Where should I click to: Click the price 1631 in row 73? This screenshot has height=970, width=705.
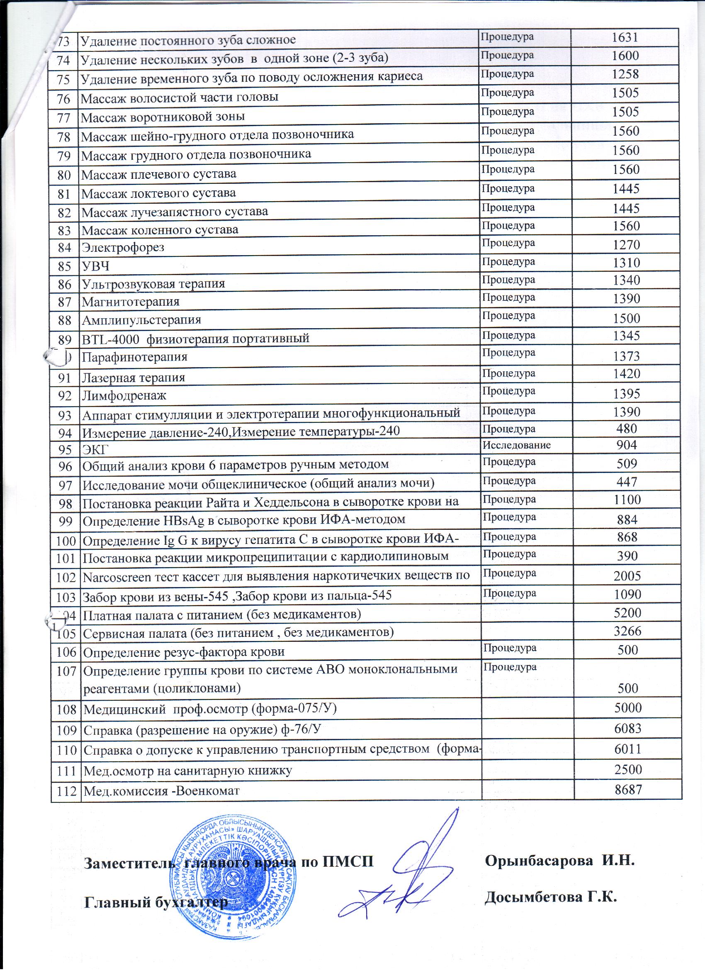point(625,38)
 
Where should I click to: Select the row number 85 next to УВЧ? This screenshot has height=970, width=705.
point(64,266)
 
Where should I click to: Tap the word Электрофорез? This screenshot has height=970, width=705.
point(123,248)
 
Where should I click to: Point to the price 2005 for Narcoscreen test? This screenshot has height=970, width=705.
point(627,576)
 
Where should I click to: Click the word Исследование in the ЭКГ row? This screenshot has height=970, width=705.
point(516,445)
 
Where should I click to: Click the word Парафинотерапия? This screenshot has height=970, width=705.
point(134,357)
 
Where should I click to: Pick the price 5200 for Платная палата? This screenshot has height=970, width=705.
point(627,613)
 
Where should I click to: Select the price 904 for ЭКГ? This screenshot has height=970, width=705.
point(627,445)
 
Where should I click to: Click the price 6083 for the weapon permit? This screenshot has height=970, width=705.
point(627,729)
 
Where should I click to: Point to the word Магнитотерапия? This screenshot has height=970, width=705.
point(130,302)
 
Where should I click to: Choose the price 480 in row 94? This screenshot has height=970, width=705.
point(627,429)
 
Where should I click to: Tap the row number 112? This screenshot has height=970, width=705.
point(66,791)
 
